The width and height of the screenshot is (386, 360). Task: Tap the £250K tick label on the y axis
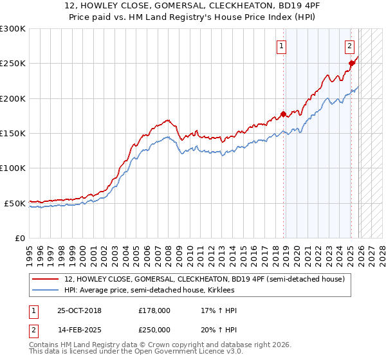pyautogui.click(x=12, y=64)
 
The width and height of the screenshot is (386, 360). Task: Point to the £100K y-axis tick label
pyautogui.click(x=12, y=168)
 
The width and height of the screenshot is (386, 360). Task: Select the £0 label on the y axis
pyautogui.click(x=19, y=238)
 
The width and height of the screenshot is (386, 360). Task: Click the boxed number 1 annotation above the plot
pyautogui.click(x=281, y=46)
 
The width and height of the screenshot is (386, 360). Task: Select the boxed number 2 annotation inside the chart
pyautogui.click(x=349, y=46)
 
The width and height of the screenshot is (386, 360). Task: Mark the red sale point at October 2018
pyautogui.click(x=284, y=114)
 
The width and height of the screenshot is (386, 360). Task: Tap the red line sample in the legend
pyautogui.click(x=46, y=279)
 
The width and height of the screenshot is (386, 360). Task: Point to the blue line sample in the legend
pyautogui.click(x=46, y=290)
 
